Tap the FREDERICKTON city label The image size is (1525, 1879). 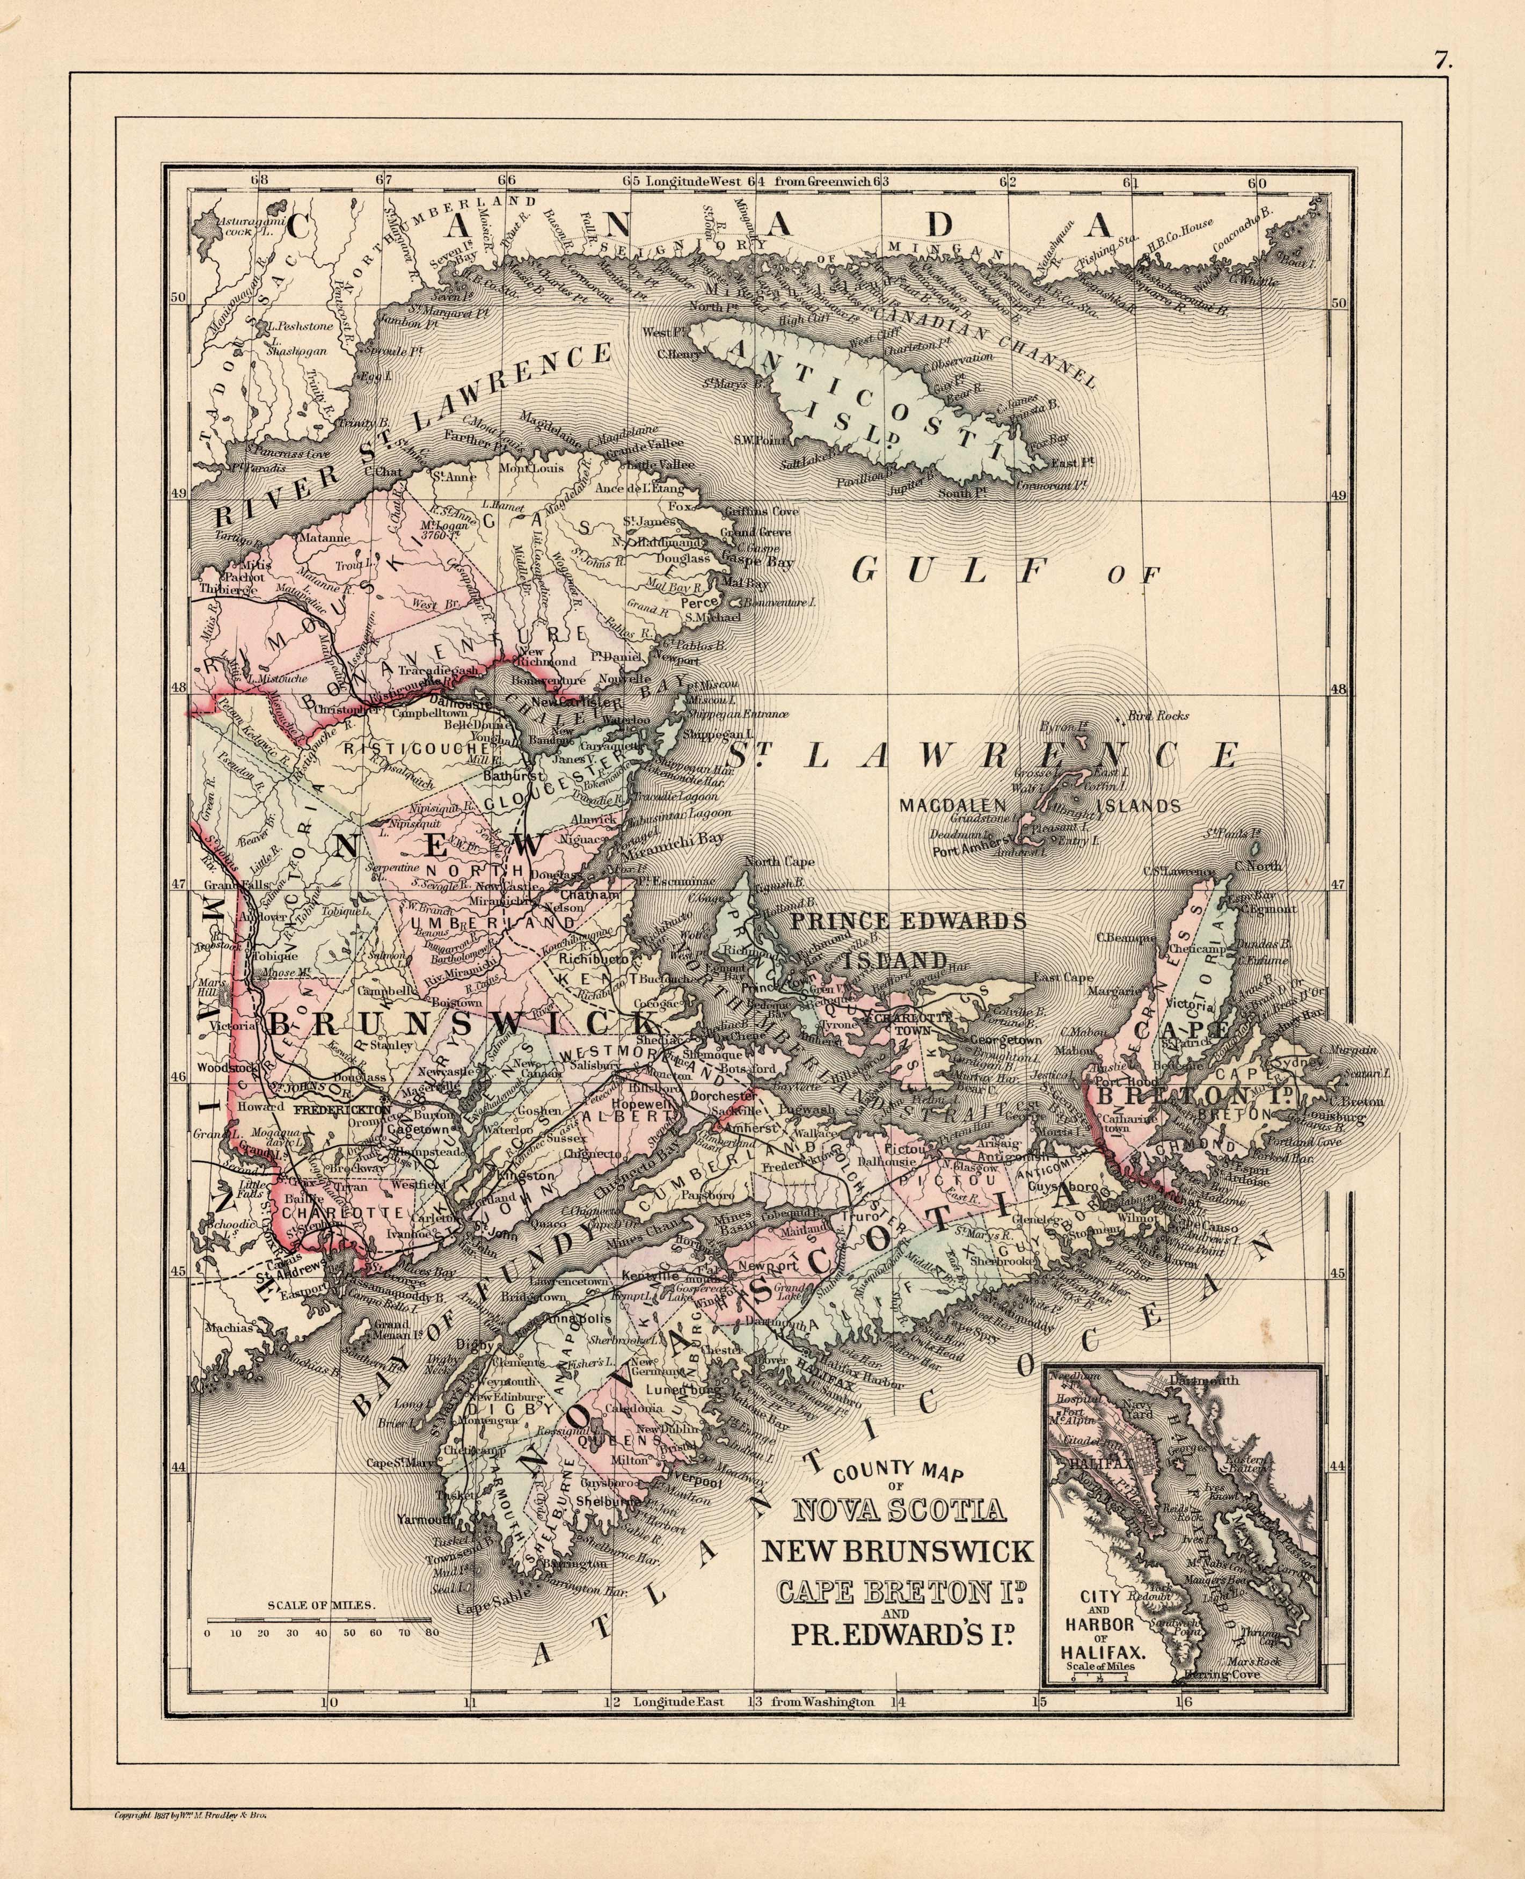(329, 1110)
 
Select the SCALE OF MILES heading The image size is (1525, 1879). (323, 1603)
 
